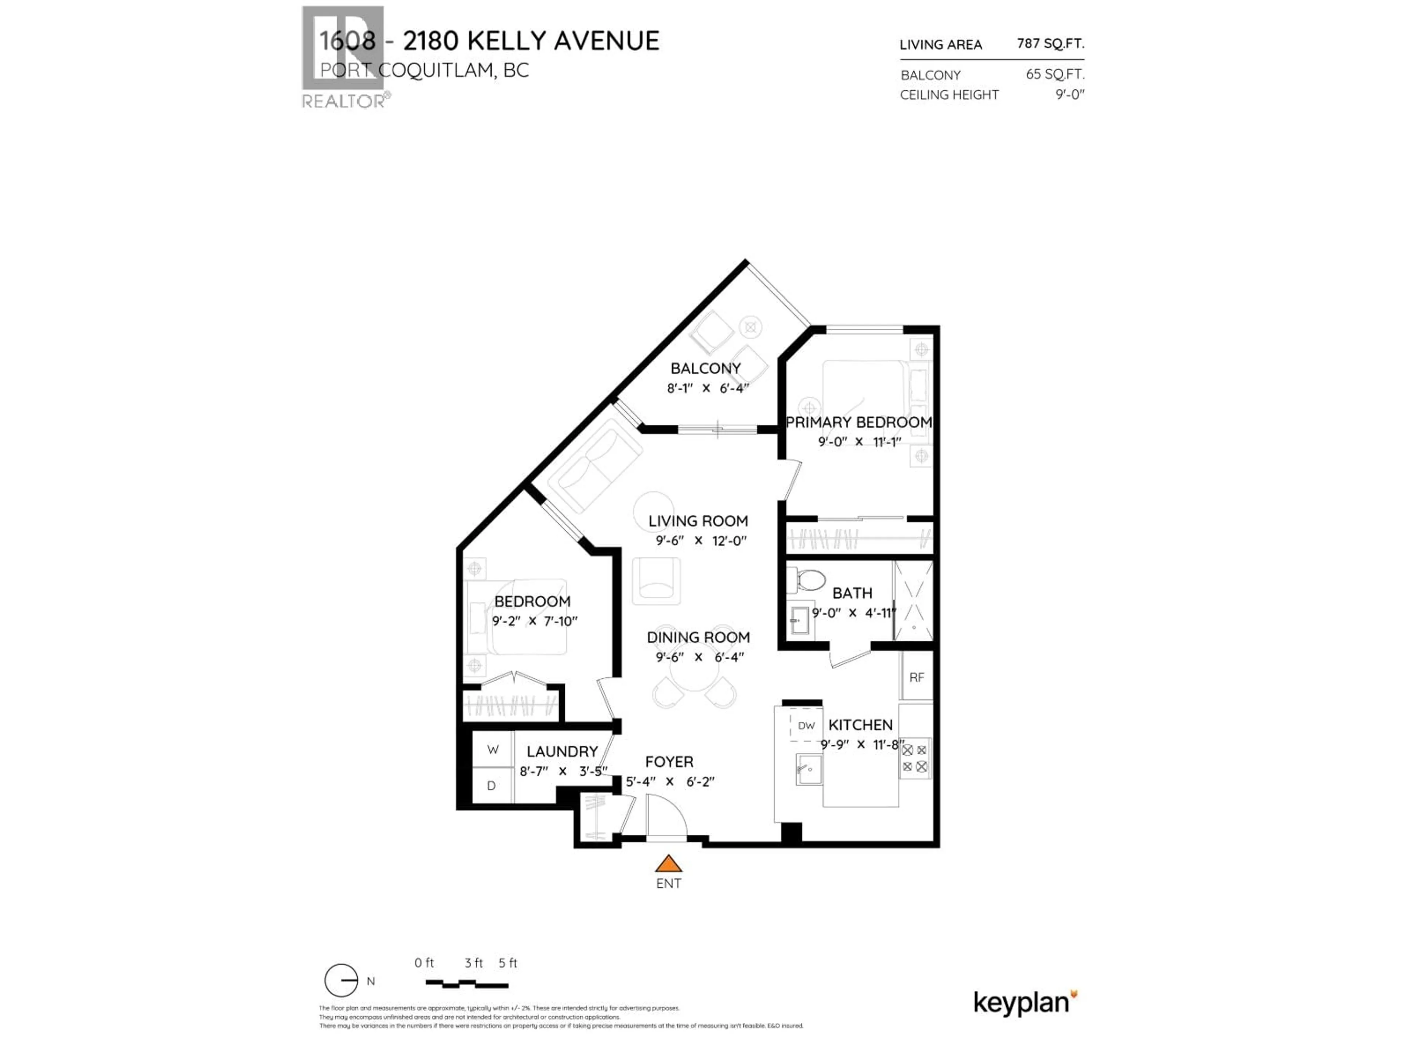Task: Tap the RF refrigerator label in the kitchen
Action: [x=916, y=678]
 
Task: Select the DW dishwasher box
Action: [x=806, y=726]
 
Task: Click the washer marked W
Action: [x=493, y=749]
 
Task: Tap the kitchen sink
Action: [x=807, y=769]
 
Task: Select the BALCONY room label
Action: [x=705, y=368]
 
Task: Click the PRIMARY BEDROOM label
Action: [x=858, y=422]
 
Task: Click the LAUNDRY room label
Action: [x=561, y=752]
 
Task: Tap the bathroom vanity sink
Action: [x=799, y=619]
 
